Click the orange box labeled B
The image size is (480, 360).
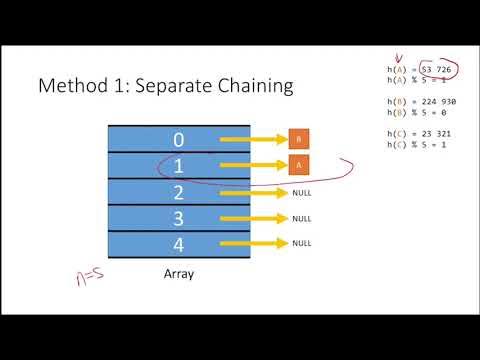(x=298, y=139)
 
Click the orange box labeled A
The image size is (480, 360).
(x=298, y=165)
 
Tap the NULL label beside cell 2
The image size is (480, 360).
(x=302, y=191)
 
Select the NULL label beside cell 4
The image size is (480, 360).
(x=302, y=243)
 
